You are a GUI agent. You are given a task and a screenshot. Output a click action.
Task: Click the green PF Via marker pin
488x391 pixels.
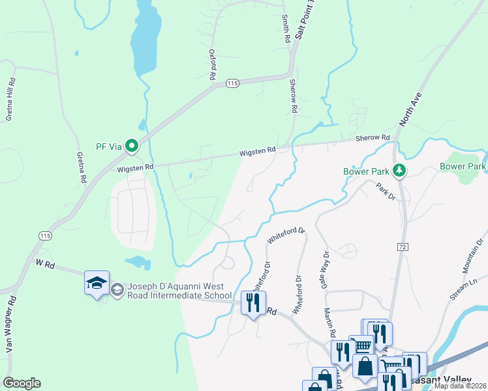[132, 146]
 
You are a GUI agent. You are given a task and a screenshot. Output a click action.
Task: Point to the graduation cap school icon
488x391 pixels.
[97, 283]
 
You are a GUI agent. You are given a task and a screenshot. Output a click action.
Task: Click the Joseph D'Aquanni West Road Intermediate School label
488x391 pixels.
[172, 291]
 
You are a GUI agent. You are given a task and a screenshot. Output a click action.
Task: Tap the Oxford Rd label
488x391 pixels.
[212, 65]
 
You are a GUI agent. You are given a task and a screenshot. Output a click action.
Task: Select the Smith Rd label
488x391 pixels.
[285, 29]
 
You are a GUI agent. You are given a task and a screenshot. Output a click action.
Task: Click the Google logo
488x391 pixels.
[22, 383]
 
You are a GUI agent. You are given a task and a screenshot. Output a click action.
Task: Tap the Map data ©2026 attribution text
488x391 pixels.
[459, 386]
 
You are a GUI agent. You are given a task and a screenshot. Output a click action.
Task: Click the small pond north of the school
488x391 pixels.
[137, 263]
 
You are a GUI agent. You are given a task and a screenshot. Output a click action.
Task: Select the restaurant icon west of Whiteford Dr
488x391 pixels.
[252, 302]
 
